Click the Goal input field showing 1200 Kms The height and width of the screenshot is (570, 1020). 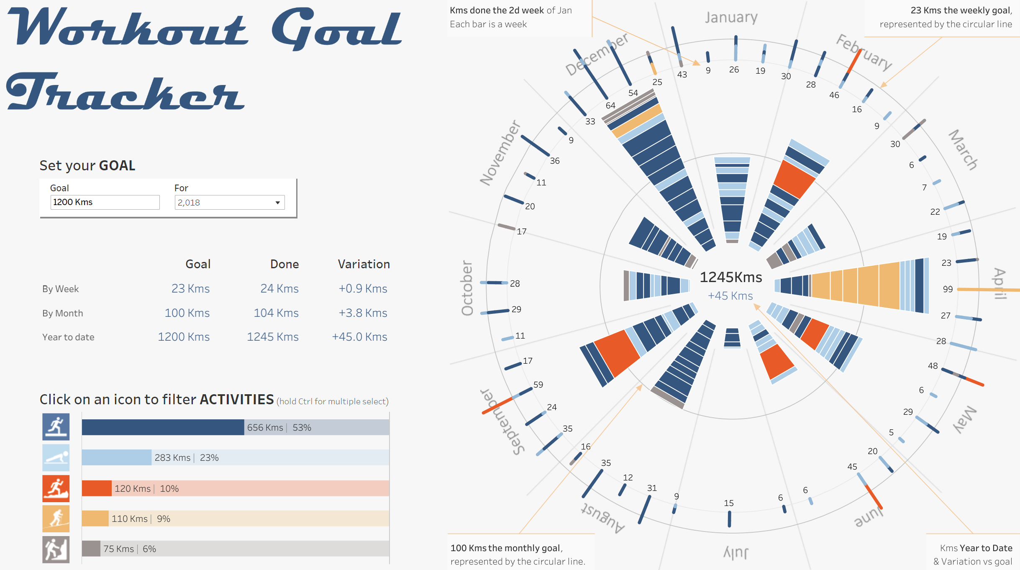(x=105, y=202)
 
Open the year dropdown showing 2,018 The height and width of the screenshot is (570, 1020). (x=230, y=203)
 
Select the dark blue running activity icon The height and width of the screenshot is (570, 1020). (x=56, y=427)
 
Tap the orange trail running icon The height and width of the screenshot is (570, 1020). (x=56, y=488)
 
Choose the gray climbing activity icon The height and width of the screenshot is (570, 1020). (x=56, y=549)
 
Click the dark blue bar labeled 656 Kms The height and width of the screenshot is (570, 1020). (x=163, y=427)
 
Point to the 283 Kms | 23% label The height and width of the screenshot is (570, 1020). (x=187, y=458)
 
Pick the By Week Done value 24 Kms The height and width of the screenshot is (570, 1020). (x=279, y=289)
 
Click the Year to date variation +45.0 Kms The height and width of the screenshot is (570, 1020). (x=359, y=337)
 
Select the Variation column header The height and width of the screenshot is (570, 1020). (x=364, y=264)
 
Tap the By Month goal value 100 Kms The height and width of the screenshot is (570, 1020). (x=187, y=313)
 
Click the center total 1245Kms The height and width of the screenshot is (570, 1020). (x=730, y=277)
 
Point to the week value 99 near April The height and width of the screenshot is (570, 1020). (x=948, y=289)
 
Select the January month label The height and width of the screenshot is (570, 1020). (x=731, y=18)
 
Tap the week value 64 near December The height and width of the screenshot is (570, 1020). (x=610, y=105)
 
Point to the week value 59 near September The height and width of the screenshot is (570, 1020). (x=538, y=385)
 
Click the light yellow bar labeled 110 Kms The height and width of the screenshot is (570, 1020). (x=95, y=519)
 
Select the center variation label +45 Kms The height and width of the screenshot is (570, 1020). (x=730, y=296)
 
